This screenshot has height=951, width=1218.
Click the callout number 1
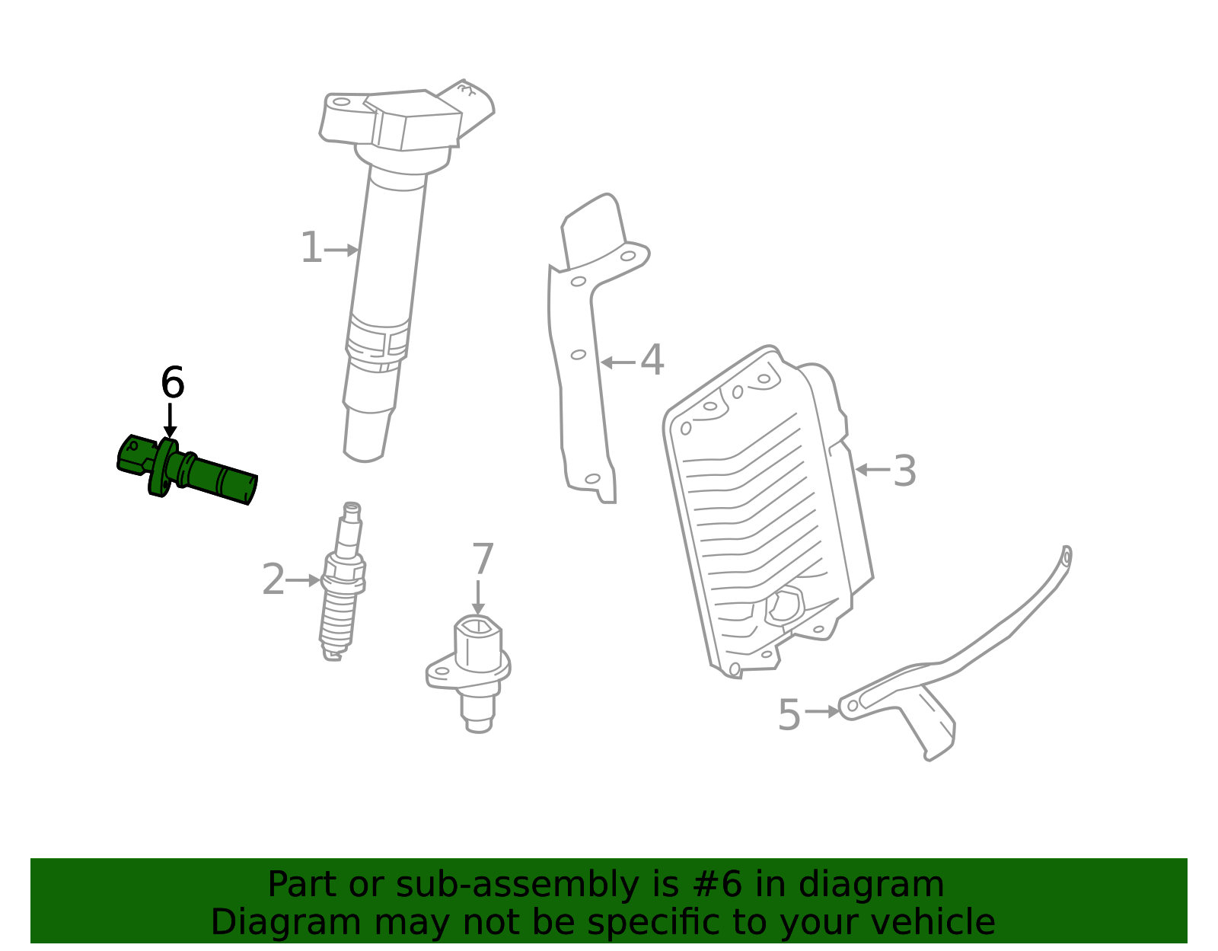coord(311,249)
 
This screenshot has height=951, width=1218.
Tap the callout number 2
coord(273,580)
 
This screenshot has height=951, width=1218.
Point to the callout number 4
coord(652,361)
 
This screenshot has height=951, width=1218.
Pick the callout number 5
coord(789,715)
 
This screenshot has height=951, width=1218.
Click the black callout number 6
coord(173,383)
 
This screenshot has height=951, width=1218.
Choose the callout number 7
coord(483,560)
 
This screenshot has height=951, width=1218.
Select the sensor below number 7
coord(472,670)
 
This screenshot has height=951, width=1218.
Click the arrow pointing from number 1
coord(341,250)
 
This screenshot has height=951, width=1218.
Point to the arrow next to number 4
coord(617,362)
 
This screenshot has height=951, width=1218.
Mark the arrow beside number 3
coord(872,470)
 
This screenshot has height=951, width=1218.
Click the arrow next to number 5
coord(822,712)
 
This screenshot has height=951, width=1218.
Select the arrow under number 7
coord(478,598)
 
